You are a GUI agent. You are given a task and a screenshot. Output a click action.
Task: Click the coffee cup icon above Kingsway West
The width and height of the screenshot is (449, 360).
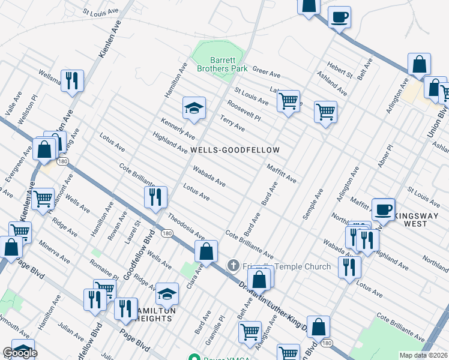pos(384,209)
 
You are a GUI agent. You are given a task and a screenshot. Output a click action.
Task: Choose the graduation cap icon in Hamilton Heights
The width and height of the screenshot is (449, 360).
pos(167,294)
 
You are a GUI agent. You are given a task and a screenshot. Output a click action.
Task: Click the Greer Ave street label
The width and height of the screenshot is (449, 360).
pos(267,73)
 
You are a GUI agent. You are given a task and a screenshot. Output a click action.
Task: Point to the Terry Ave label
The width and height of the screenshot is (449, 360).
pos(232,123)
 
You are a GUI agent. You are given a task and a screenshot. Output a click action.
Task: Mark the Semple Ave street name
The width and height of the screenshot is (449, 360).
pos(313,203)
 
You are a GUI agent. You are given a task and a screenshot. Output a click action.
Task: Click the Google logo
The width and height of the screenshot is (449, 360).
pos(20,353)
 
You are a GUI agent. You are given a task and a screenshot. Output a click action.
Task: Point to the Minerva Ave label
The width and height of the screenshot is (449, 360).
pos(55,254)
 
